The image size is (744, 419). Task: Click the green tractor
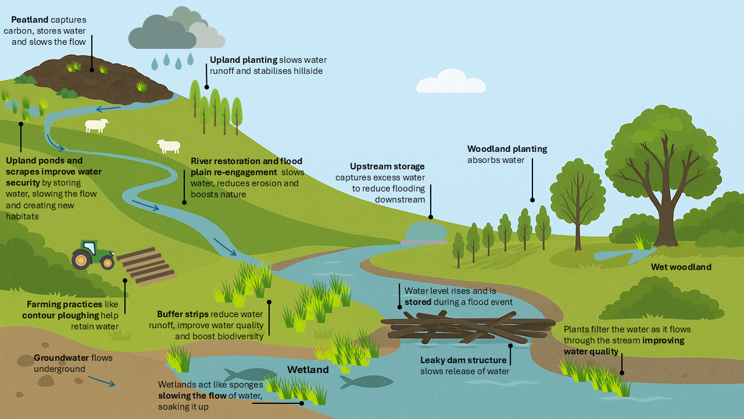tap(93, 255)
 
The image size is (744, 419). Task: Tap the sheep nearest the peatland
tap(96, 125)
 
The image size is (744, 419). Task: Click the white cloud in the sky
tap(450, 83)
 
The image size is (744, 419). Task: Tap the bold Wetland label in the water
tap(307, 370)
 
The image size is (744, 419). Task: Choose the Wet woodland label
tap(681, 267)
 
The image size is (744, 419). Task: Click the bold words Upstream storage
tap(387, 166)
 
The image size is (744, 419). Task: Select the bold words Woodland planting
tap(507, 149)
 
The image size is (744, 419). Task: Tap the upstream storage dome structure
tap(425, 232)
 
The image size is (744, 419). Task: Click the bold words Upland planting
tap(243, 60)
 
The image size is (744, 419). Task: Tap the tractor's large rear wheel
tap(81, 259)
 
